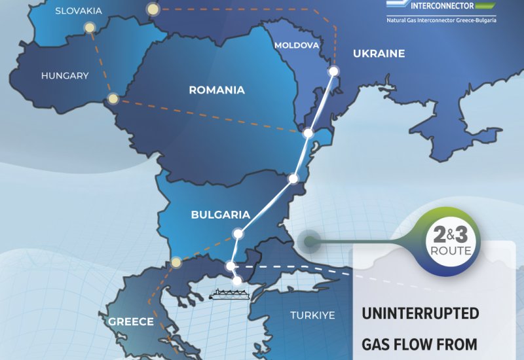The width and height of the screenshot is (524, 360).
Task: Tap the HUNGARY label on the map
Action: pos(65,76)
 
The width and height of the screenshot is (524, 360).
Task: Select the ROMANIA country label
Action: pos(217,90)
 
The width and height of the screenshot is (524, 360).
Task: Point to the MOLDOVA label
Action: pos(297,46)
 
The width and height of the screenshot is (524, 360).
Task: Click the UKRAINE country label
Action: pos(379,54)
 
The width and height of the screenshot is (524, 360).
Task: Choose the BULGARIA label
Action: pos(221,214)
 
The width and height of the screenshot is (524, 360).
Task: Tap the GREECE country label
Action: pos(131,321)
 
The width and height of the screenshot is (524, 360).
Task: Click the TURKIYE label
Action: pos(312,315)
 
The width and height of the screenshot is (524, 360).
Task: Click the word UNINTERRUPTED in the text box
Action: pos(421,314)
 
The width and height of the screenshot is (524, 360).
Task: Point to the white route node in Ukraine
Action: pos(333,71)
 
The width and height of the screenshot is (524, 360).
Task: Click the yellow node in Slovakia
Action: pos(90,28)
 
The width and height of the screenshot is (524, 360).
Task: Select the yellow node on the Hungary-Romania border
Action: pos(113,99)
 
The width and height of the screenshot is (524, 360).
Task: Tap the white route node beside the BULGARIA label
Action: pos(238,233)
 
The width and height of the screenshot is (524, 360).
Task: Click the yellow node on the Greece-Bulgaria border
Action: pos(176,263)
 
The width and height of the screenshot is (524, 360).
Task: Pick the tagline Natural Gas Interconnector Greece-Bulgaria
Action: pos(441,20)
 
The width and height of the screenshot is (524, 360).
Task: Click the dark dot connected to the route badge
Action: pos(307,242)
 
